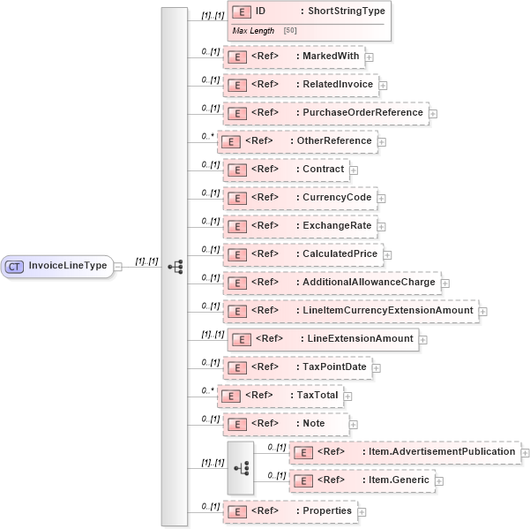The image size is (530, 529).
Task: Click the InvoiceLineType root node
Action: point(58,266)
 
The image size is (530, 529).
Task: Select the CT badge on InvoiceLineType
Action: point(15,266)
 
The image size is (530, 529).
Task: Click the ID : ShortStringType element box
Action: point(308,12)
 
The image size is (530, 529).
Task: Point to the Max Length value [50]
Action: point(290,32)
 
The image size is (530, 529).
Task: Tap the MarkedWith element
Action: point(294,57)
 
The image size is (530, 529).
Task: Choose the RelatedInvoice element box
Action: point(301,85)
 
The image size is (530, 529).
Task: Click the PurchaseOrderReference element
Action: point(325,113)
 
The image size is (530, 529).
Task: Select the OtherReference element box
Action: point(297,141)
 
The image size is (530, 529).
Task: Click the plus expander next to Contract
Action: point(354,170)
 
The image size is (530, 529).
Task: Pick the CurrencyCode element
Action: point(299,198)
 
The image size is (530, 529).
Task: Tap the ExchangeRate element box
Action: point(300,226)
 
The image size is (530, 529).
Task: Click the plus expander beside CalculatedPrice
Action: point(387,255)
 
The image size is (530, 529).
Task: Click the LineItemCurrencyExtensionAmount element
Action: point(350,311)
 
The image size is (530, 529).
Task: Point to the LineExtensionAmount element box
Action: point(323,339)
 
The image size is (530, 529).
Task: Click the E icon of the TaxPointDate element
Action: point(237,367)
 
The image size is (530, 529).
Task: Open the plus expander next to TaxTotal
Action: point(348,397)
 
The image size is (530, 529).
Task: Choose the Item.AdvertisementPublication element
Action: point(405,452)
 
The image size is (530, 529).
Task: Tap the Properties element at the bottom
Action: point(289,511)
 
